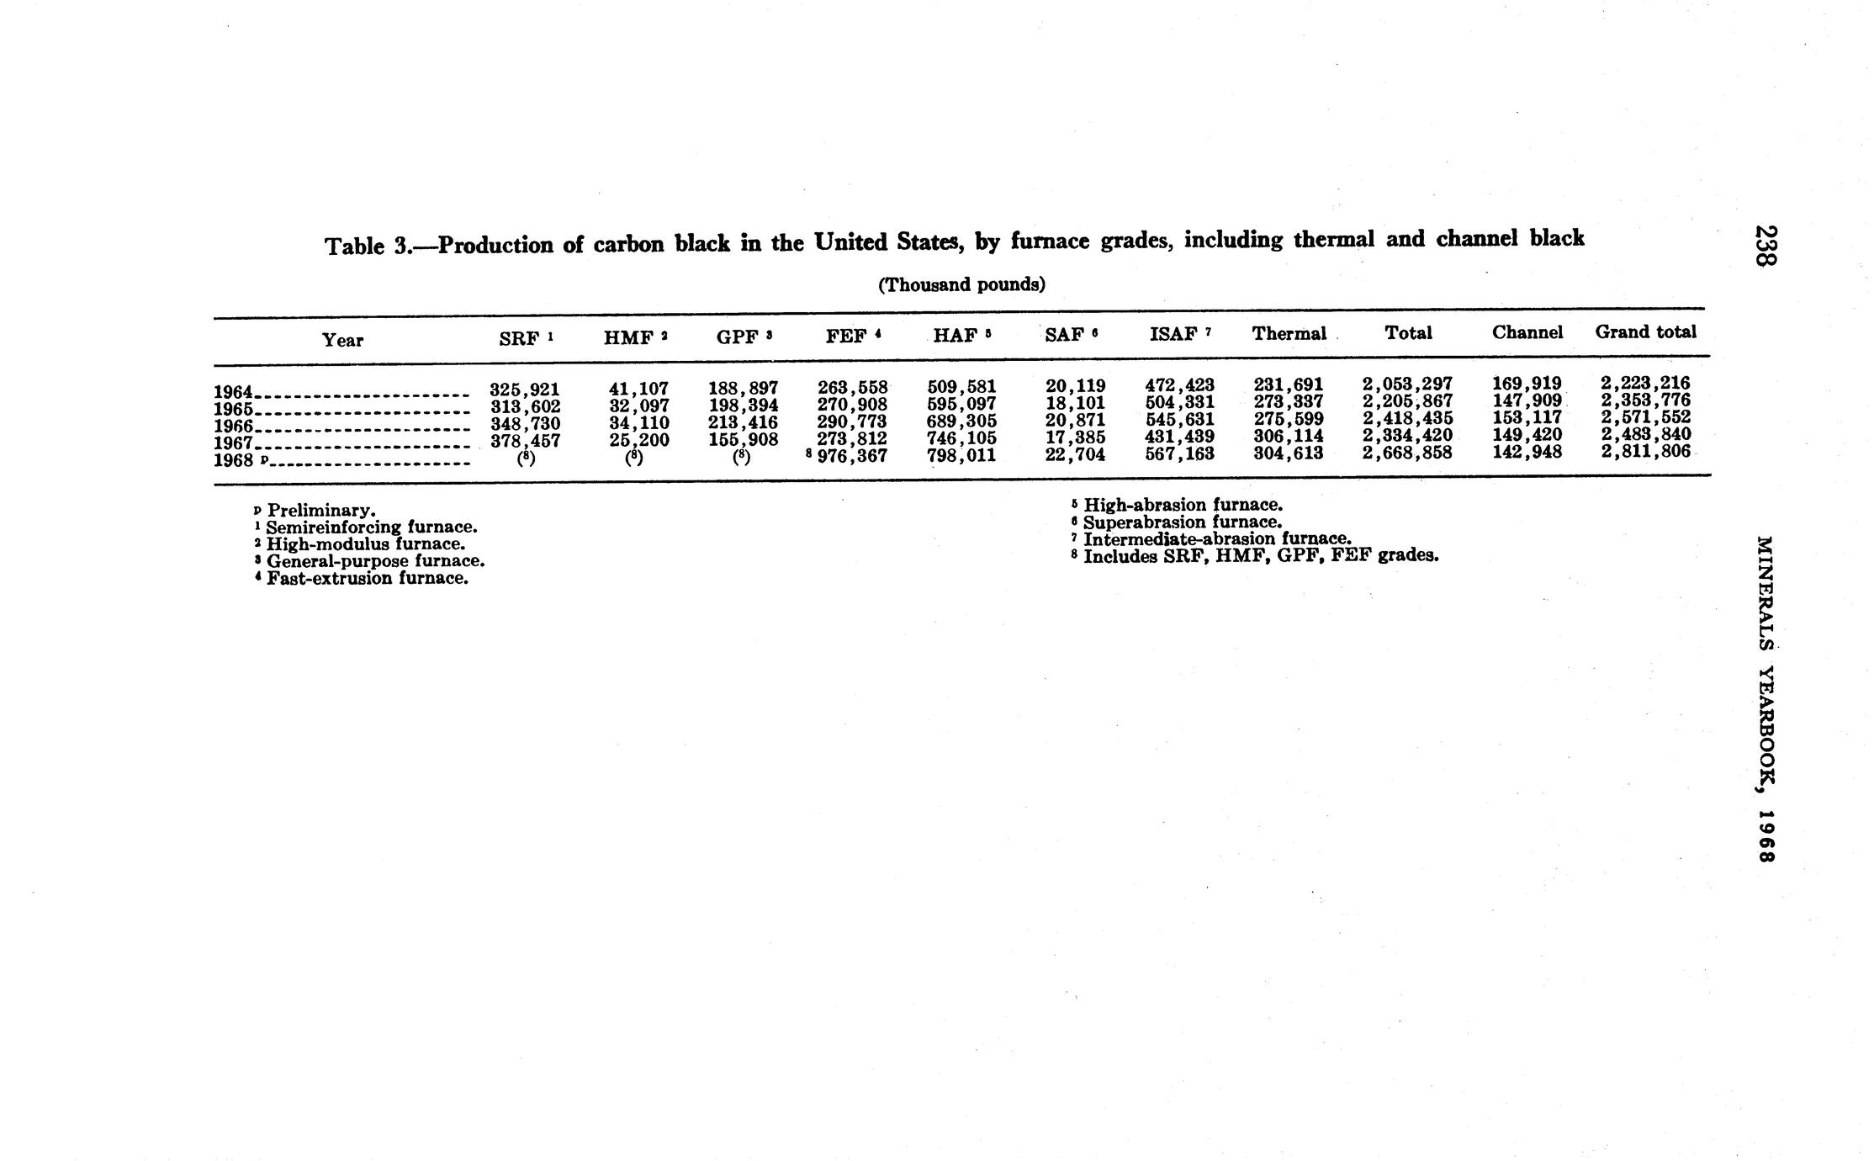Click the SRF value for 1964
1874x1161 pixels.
pyautogui.click(x=525, y=390)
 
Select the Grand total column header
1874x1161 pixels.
pyautogui.click(x=1645, y=331)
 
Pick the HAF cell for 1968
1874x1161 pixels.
pyautogui.click(x=961, y=455)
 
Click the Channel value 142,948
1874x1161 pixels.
pyautogui.click(x=1527, y=452)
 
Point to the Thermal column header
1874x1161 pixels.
pyautogui.click(x=1289, y=333)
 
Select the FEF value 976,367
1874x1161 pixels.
pyautogui.click(x=852, y=455)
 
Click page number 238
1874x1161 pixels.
pyautogui.click(x=1765, y=245)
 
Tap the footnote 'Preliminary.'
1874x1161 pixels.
pyautogui.click(x=320, y=511)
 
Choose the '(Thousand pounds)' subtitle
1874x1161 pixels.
pyautogui.click(x=961, y=284)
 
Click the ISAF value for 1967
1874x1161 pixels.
pyautogui.click(x=1179, y=437)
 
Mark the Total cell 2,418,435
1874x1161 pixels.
pyautogui.click(x=1407, y=418)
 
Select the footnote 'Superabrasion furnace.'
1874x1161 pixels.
pyautogui.click(x=1182, y=522)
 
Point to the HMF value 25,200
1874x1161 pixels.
pyautogui.click(x=638, y=439)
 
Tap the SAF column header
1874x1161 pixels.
pyautogui.click(x=1070, y=335)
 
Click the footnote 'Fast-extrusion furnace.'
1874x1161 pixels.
pyautogui.click(x=367, y=579)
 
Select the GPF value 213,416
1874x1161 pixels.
pyautogui.click(x=743, y=422)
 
